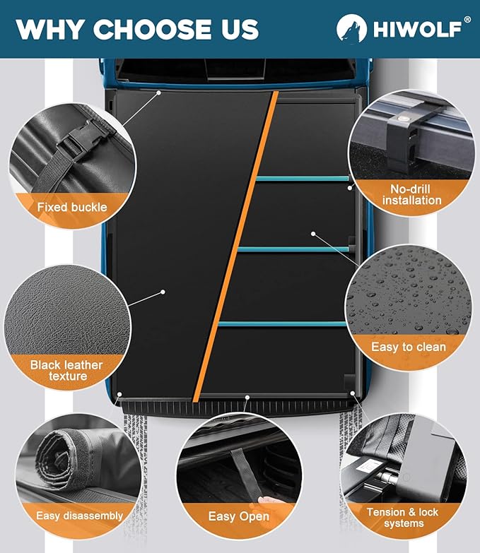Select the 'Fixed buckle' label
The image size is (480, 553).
click(x=72, y=207)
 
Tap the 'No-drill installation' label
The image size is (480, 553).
click(x=411, y=194)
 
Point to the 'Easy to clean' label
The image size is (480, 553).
click(x=409, y=347)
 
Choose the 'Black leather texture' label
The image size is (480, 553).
click(x=66, y=371)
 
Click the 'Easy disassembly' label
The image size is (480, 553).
click(x=80, y=516)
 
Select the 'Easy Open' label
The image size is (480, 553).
click(x=238, y=516)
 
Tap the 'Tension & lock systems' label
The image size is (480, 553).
click(x=402, y=518)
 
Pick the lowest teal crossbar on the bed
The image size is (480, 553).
click(x=282, y=323)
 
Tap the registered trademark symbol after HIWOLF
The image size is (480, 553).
click(x=467, y=20)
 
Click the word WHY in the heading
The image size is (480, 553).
click(x=49, y=30)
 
